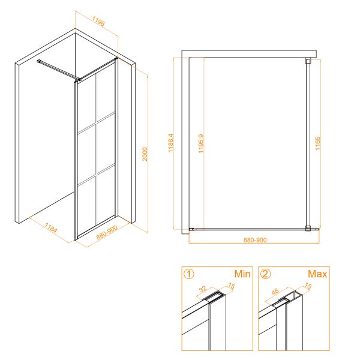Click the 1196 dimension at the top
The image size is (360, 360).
tap(98, 21)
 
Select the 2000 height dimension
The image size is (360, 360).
tap(145, 154)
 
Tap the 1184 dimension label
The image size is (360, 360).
tap(50, 228)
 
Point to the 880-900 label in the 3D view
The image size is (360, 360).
tap(107, 232)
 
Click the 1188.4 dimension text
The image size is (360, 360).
tap(170, 143)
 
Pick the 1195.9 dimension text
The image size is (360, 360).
tap(201, 144)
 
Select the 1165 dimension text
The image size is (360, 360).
tap(317, 143)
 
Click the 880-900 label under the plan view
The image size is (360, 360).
tap(255, 240)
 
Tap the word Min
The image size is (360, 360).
tap(242, 274)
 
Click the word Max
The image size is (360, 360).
tap(317, 274)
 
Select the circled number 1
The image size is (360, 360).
tap(189, 274)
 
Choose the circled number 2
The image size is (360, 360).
tap(266, 274)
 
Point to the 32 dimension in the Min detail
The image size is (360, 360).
tap(203, 289)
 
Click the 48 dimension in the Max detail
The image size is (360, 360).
tap(275, 292)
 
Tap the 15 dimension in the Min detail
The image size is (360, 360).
tap(231, 286)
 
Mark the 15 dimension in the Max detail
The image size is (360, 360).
tap(308, 286)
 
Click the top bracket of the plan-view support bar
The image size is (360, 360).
tap(308, 61)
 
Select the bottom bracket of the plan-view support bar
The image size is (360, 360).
tap(308, 229)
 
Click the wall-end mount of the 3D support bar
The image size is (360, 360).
tap(39, 61)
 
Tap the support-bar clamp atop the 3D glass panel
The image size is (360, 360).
tap(79, 79)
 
